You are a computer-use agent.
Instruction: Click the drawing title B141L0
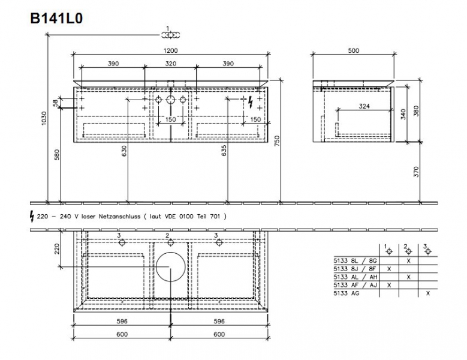pyautogui.click(x=56, y=18)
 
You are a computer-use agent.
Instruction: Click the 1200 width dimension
pyautogui.click(x=171, y=50)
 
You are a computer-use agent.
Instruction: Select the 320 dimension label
pyautogui.click(x=171, y=64)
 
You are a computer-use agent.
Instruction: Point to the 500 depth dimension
pyautogui.click(x=354, y=50)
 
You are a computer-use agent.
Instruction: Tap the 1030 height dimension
pyautogui.click(x=44, y=118)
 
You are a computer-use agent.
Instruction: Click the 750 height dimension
pyautogui.click(x=277, y=141)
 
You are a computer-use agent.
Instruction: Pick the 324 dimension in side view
pyautogui.click(x=364, y=106)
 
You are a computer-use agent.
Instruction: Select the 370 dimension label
pyautogui.click(x=416, y=172)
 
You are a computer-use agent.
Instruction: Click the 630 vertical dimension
pyautogui.click(x=124, y=151)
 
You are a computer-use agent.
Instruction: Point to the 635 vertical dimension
pyautogui.click(x=224, y=151)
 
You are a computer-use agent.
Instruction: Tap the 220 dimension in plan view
pyautogui.click(x=57, y=249)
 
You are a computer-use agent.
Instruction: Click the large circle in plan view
pyautogui.click(x=171, y=253)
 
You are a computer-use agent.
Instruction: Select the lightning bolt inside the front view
pyautogui.click(x=251, y=102)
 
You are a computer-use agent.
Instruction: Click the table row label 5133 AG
pyautogui.click(x=347, y=293)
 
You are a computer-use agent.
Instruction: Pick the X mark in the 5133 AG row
pyautogui.click(x=427, y=293)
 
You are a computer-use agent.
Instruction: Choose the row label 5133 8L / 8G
pyautogui.click(x=355, y=261)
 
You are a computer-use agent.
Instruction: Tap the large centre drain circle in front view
pyautogui.click(x=171, y=100)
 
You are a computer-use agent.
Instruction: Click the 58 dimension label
pyautogui.click(x=56, y=103)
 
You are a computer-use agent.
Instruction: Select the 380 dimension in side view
pyautogui.click(x=416, y=111)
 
